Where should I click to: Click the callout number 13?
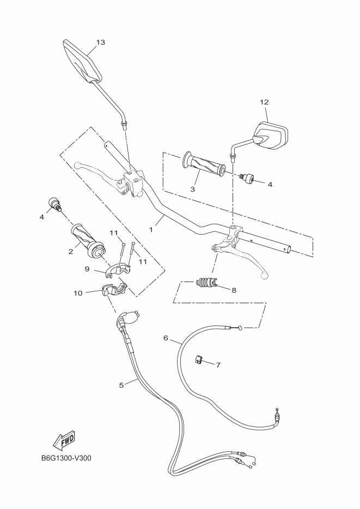point(100,42)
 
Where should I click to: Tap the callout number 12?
point(264,102)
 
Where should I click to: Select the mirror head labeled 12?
point(270,136)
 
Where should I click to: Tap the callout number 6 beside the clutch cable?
point(166,338)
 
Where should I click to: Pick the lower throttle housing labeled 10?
point(113,292)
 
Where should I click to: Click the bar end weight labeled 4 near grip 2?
point(55,204)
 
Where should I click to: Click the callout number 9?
point(87,269)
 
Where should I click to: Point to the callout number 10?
point(78,293)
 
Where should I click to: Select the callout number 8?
point(234,290)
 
